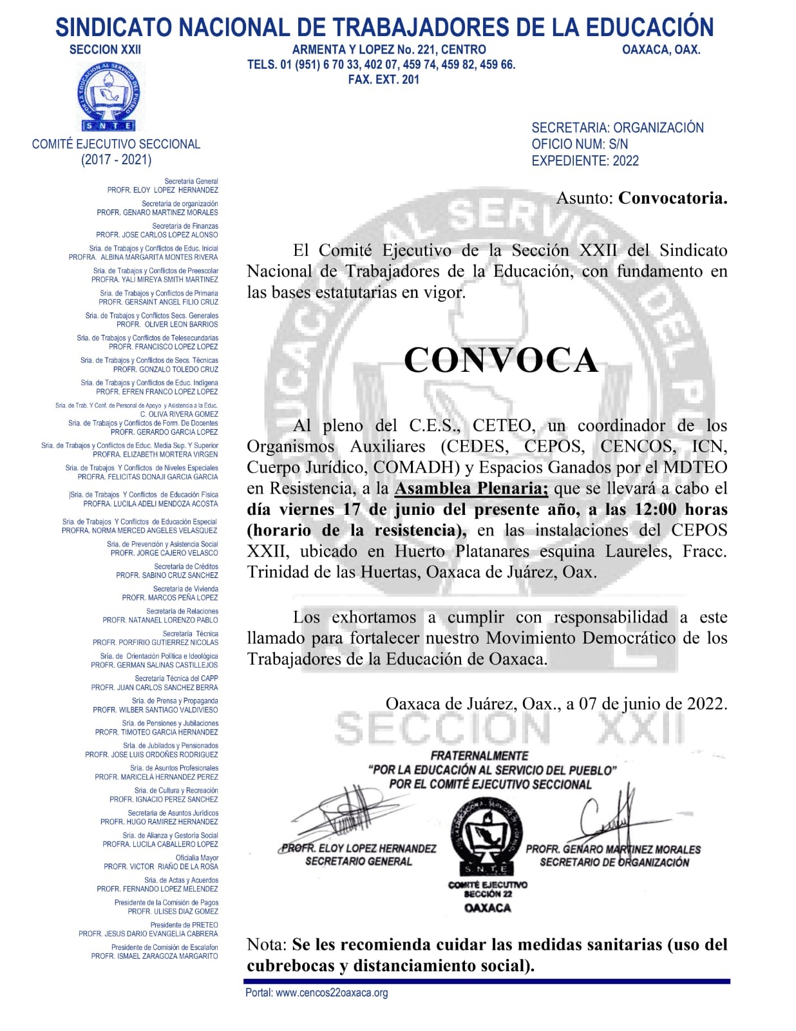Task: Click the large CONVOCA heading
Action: pos(501,360)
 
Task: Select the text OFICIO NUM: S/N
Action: pos(579,144)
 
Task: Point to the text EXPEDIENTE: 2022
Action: pos(585,161)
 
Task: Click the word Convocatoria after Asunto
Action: pos(672,198)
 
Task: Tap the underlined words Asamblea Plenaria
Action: pos(471,488)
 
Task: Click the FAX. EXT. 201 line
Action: pos(383,80)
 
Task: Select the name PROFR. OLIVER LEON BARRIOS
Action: pos(167,325)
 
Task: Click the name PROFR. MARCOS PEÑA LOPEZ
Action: pos(170,598)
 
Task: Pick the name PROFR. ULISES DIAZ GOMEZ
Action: pos(173,912)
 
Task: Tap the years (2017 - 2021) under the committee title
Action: pos(116,160)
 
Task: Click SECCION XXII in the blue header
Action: pos(105,50)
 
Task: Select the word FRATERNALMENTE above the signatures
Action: pos(479,755)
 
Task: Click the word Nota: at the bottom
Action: pos(266,945)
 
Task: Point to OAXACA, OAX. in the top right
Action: pos(661,50)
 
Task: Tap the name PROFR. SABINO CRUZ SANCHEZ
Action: pos(167,575)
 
